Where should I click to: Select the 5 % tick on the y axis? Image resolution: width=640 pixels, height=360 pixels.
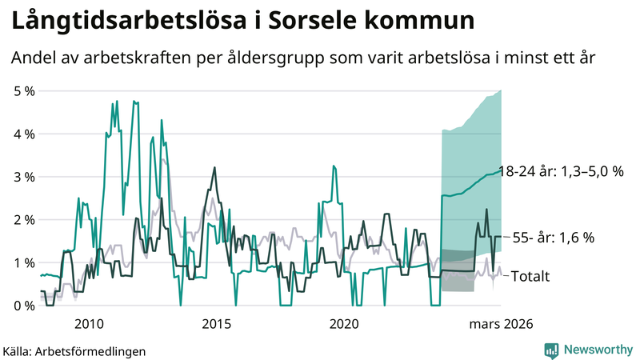[25, 91]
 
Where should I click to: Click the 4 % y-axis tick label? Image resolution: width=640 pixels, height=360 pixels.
[25, 134]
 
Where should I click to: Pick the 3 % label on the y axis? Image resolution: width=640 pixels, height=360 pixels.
[25, 177]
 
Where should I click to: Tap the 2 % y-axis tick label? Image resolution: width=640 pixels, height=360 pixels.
[25, 220]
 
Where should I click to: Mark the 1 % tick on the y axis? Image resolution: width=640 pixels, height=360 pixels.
[25, 263]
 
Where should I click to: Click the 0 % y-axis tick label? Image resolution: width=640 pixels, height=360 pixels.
[25, 306]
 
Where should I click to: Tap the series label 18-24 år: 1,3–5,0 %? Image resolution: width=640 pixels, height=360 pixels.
[560, 171]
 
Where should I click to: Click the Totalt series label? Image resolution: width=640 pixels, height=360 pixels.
[530, 276]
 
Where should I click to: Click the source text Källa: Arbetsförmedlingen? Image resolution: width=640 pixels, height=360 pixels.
[64, 350]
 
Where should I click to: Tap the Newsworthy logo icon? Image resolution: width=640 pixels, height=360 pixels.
[551, 350]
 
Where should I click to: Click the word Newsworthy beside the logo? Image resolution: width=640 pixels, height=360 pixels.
[596, 350]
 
